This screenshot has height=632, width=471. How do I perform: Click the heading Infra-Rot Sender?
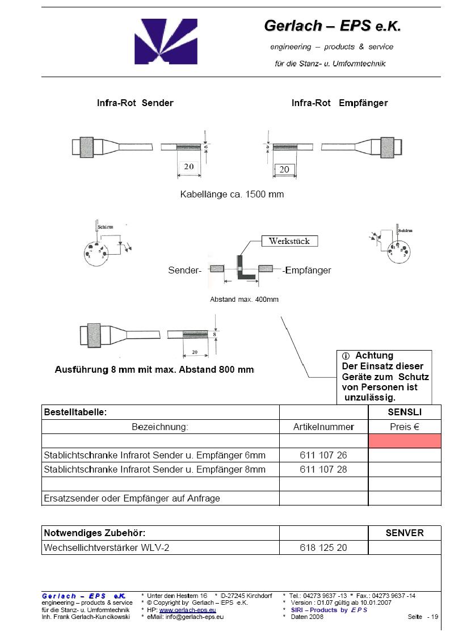coord(135,103)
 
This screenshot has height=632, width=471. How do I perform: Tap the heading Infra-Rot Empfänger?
coord(339,103)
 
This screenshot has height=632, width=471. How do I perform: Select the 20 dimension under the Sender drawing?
coord(188,167)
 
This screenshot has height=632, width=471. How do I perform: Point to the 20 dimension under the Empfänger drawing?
coord(284,169)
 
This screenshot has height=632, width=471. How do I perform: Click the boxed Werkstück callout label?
coord(289,241)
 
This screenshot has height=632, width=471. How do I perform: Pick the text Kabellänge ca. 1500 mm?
coord(232,194)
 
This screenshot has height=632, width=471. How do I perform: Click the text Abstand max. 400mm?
coord(244,299)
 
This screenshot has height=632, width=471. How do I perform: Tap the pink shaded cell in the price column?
coord(405,441)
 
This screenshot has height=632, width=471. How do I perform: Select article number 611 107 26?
coord(323,455)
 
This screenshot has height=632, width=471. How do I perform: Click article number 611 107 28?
coord(323,469)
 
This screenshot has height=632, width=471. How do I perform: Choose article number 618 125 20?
coord(323,547)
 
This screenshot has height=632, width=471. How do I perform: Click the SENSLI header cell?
coord(405,412)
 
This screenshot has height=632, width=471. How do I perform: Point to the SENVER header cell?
coord(405,533)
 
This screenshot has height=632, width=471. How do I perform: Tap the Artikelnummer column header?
coord(323,427)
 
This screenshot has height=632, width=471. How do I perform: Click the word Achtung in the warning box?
coord(375,356)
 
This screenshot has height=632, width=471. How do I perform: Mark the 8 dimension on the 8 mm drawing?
coord(215,335)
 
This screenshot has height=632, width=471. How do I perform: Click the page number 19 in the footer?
coord(434,617)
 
